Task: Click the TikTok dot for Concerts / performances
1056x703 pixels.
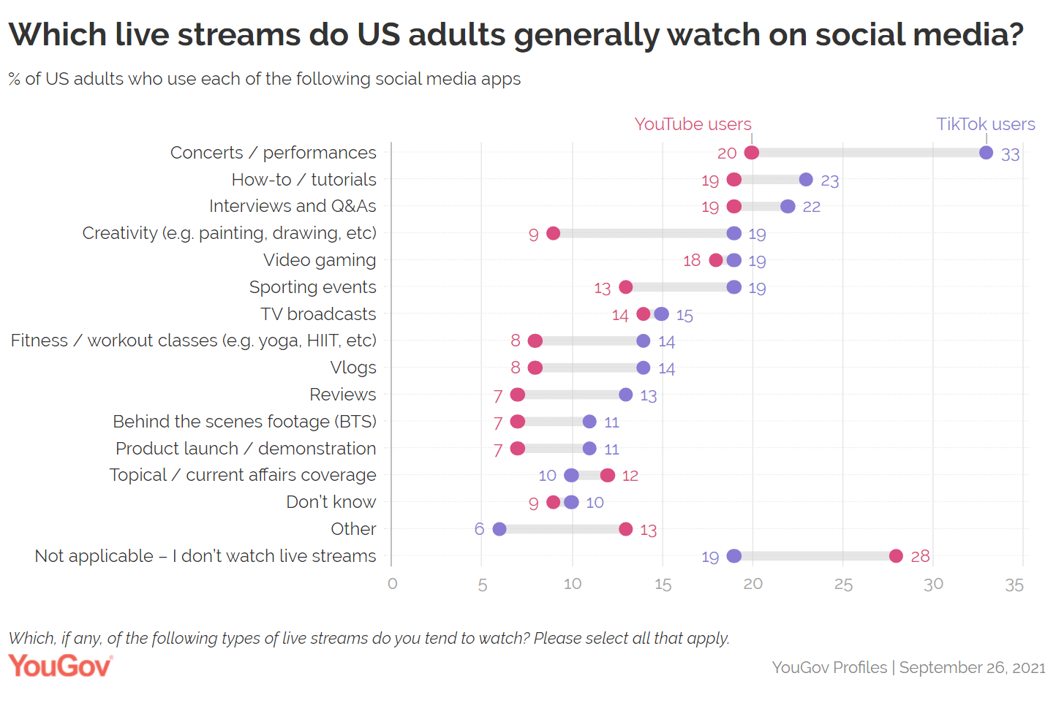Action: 986,153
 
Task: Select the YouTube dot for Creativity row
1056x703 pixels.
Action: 553,233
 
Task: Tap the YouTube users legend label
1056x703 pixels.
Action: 693,124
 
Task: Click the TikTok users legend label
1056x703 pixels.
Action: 985,124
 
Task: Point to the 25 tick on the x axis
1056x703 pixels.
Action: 843,585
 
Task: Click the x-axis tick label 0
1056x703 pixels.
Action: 393,584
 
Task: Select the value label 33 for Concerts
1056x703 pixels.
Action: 1010,155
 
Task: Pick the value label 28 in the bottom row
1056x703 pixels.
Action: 920,557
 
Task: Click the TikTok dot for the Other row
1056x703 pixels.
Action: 499,529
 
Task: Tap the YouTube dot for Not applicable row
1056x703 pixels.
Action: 896,556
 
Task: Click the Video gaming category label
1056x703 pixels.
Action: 320,260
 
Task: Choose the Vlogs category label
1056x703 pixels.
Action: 353,368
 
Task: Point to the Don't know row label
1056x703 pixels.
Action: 331,502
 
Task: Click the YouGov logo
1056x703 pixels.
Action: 60,666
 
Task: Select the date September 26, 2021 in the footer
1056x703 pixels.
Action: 972,667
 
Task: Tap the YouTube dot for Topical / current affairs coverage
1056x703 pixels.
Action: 608,475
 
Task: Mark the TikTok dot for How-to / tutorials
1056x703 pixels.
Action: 806,180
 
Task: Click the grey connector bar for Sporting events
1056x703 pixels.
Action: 680,287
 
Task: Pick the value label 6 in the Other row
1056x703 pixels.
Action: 479,529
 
